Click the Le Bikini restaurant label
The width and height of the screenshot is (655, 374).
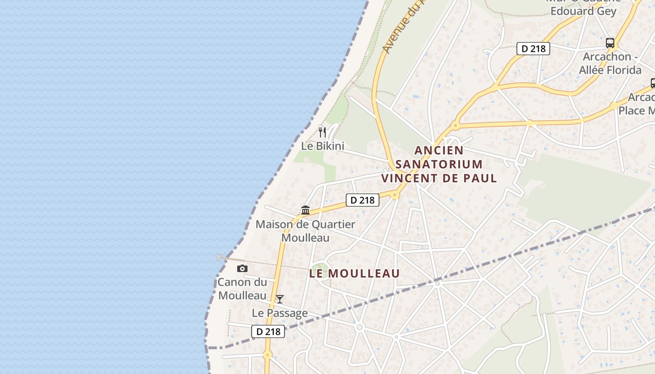point(322,146)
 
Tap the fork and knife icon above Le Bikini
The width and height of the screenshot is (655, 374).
point(322,132)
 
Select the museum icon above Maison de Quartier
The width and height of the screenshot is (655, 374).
point(306,210)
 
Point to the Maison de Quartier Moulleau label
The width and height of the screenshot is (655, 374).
point(305,231)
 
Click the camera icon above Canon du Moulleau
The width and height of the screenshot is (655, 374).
point(242,268)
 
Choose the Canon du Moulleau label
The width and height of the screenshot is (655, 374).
point(242,289)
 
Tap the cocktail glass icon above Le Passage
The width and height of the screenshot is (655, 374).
point(279,299)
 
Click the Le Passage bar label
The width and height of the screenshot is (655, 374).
point(280,313)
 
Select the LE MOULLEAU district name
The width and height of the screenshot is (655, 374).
point(355,273)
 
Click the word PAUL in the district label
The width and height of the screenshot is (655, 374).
point(481,178)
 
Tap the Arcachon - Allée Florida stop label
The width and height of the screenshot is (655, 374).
point(610,63)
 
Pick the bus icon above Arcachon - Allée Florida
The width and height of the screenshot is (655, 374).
point(610,43)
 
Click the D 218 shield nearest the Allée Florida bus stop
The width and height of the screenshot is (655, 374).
point(533,48)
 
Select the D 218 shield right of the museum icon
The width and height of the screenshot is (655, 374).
point(362,200)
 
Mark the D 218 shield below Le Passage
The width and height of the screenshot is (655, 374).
point(268,331)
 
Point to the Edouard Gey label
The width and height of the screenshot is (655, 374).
point(583,11)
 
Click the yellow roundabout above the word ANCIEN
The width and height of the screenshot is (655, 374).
point(455,125)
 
